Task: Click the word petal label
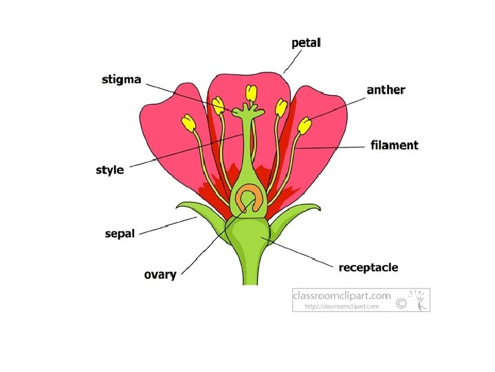coord(306,43)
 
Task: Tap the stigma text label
coord(122,79)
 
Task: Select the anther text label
coord(386,90)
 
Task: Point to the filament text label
coord(394,145)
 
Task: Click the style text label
coord(109,169)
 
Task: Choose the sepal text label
coord(120,234)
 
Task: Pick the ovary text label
coord(159,275)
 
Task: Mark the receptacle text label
coord(368,267)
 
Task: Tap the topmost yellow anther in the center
coord(252,92)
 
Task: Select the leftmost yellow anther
coord(188,123)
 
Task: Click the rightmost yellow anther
coord(305,125)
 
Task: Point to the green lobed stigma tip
coord(248,110)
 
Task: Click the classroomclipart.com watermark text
coord(342,296)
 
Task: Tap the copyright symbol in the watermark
coord(403,302)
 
